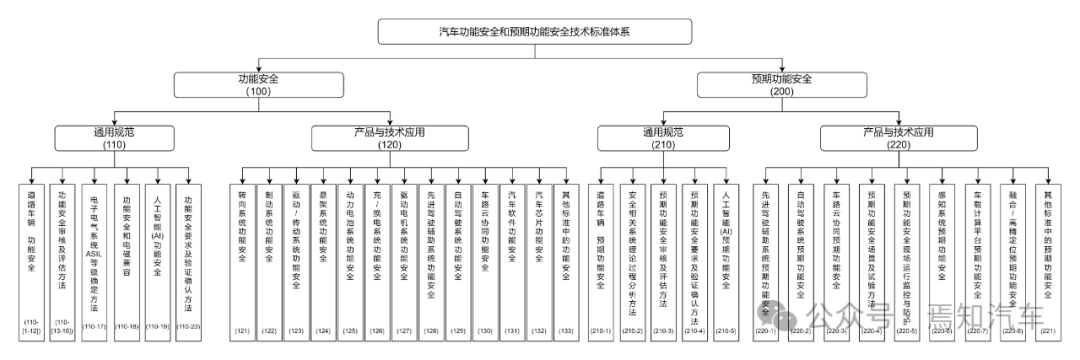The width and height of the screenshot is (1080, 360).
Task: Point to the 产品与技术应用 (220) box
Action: [x=897, y=137]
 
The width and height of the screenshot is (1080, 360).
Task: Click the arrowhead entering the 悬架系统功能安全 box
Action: [x=324, y=181]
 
